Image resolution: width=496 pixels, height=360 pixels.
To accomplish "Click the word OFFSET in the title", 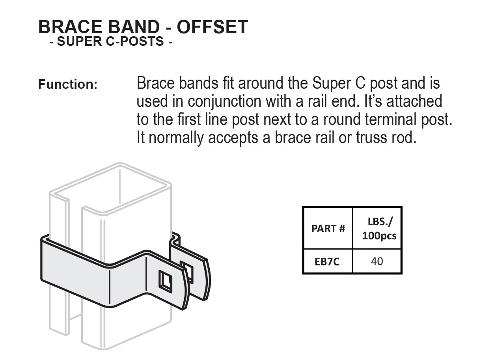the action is (x=213, y=27).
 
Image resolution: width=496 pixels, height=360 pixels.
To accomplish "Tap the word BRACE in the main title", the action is (x=70, y=27).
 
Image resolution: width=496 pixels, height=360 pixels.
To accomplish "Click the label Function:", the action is (x=68, y=84).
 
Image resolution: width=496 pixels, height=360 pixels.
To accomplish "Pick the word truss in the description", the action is (x=371, y=138).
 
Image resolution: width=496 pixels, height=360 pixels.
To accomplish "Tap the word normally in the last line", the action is (x=176, y=138).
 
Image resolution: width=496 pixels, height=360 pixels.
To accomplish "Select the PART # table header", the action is (x=328, y=228).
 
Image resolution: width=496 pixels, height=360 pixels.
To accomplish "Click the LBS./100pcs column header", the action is (x=379, y=229).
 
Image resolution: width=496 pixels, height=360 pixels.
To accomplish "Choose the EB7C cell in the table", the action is (x=327, y=262).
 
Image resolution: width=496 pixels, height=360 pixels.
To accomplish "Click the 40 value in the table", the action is (x=377, y=261).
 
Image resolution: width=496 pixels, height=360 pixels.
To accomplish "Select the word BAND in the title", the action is (x=134, y=27).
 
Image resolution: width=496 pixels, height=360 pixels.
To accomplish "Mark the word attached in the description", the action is (x=414, y=102).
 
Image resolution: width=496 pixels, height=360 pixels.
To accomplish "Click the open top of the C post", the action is (x=110, y=188).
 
